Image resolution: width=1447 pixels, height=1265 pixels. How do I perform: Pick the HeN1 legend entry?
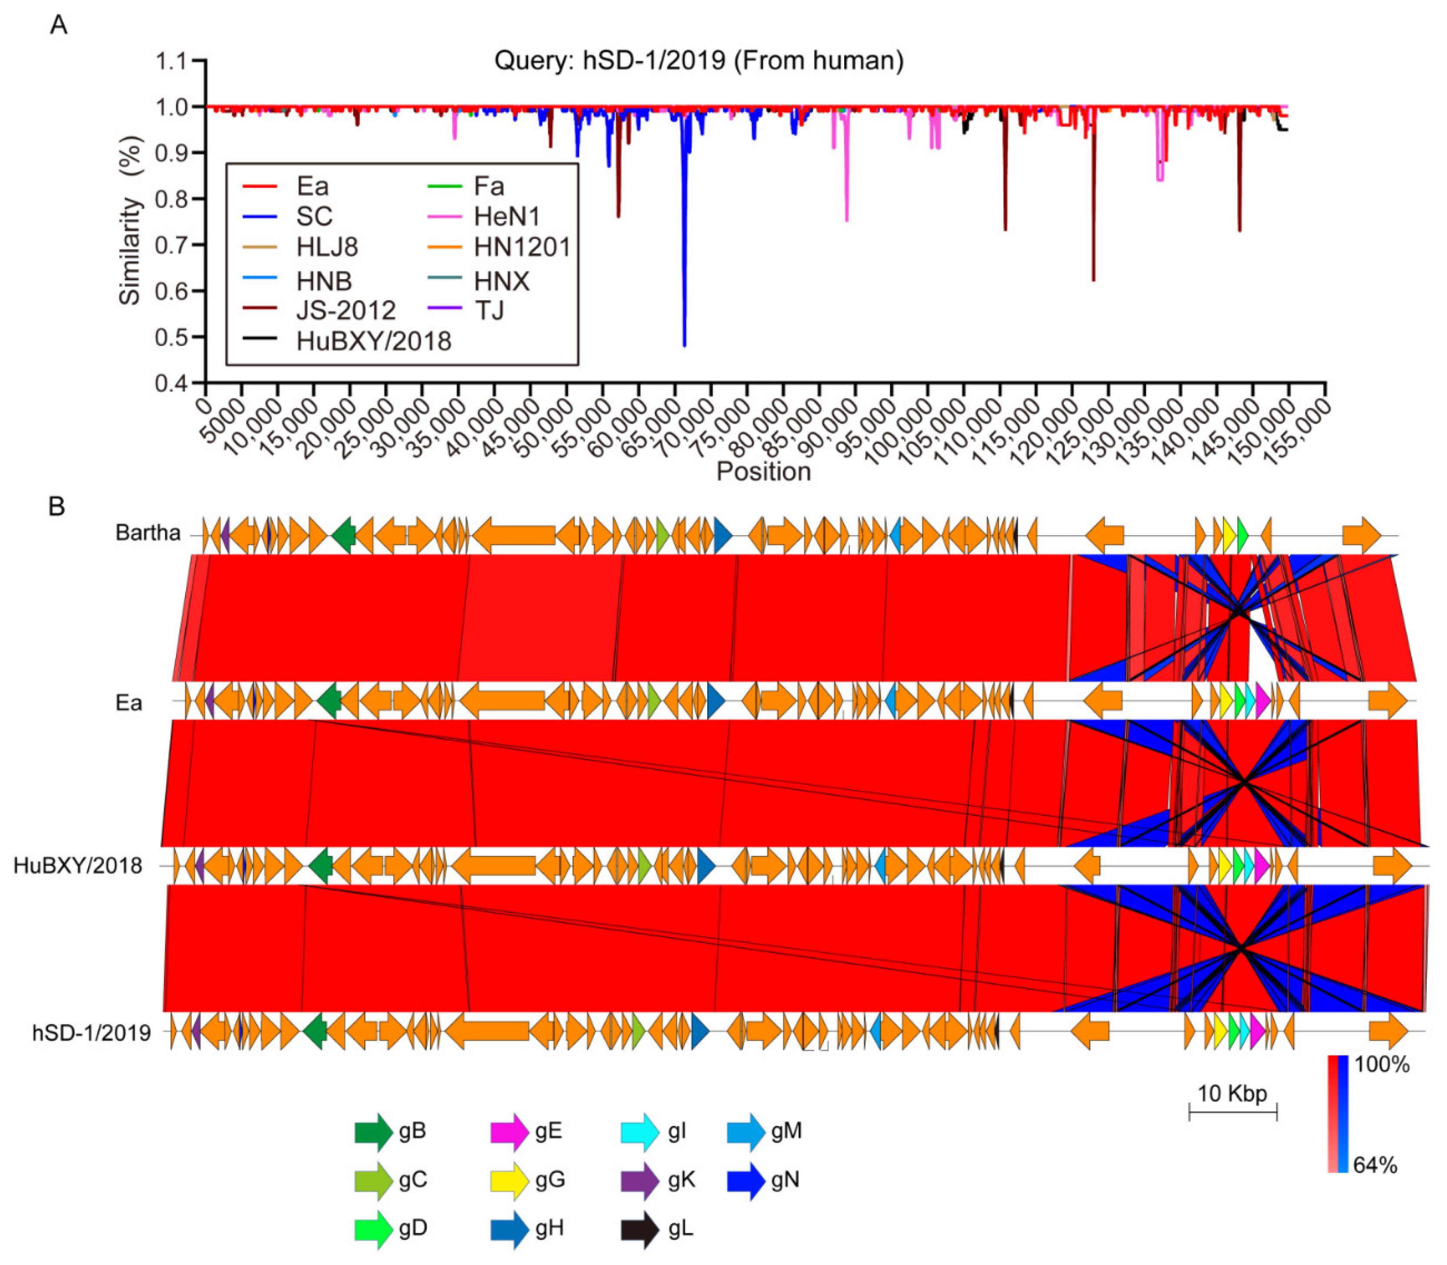click(506, 217)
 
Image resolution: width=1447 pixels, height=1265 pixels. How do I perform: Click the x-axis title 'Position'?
click(763, 472)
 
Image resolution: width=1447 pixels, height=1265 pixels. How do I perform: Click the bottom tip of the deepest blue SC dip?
click(684, 345)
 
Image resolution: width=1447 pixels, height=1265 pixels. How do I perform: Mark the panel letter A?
click(59, 25)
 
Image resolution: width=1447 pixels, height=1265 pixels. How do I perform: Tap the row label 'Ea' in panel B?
click(129, 703)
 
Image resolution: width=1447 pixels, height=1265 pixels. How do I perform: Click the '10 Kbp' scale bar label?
click(1232, 1093)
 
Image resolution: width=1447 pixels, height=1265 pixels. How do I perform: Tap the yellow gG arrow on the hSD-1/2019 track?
click(1220, 1033)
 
